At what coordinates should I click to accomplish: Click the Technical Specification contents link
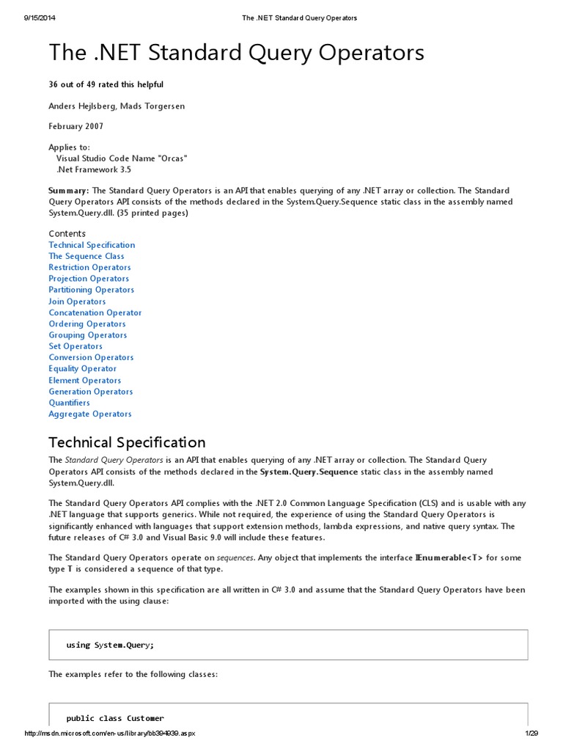pyautogui.click(x=92, y=245)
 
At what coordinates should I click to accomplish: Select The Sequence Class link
pyautogui.click(x=87, y=256)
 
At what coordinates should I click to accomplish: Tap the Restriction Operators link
pyautogui.click(x=89, y=268)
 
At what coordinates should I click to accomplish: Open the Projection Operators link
pyautogui.click(x=89, y=279)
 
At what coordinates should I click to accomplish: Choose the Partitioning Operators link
pyautogui.click(x=92, y=290)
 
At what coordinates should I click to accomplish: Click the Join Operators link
pyautogui.click(x=77, y=301)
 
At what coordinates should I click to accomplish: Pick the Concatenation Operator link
pyautogui.click(x=95, y=312)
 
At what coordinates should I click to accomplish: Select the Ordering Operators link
pyautogui.click(x=87, y=323)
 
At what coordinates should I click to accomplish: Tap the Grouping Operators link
pyautogui.click(x=88, y=335)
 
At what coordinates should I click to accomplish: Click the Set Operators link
pyautogui.click(x=76, y=346)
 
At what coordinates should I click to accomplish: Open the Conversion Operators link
pyautogui.click(x=91, y=357)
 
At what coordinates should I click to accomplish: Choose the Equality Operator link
pyautogui.click(x=82, y=369)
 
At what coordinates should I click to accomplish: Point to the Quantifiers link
pyautogui.click(x=70, y=403)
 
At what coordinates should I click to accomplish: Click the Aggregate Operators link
pyautogui.click(x=90, y=414)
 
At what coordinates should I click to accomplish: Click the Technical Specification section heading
pyautogui.click(x=127, y=442)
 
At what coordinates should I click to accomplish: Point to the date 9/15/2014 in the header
pyautogui.click(x=40, y=18)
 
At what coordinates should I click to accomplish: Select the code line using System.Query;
pyautogui.click(x=110, y=645)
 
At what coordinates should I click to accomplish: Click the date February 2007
pyautogui.click(x=76, y=126)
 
